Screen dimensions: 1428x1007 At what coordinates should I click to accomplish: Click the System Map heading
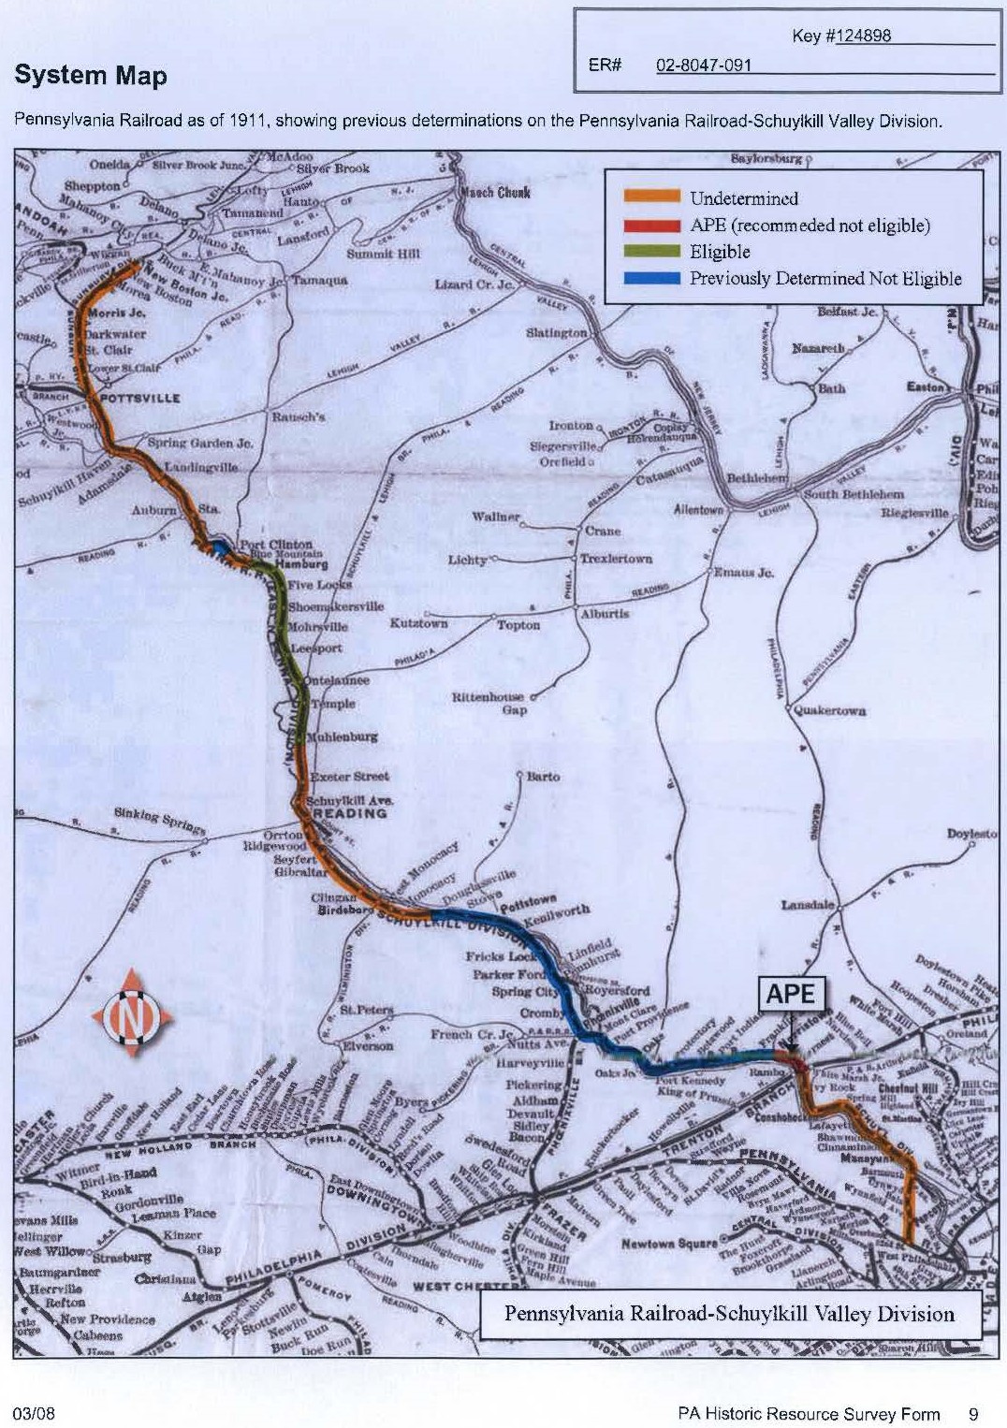(91, 76)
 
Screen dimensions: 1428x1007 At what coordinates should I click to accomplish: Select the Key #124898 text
(841, 36)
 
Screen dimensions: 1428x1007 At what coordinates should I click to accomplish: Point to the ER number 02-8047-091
(704, 66)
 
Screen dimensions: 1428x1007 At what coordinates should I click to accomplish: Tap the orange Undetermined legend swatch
(651, 197)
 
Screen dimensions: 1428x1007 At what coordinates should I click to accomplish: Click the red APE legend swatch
(651, 225)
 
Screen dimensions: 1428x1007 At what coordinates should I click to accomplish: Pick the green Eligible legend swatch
(651, 251)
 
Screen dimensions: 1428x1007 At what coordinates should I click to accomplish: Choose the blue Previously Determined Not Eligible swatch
(651, 278)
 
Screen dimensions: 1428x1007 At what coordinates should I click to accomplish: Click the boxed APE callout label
(790, 994)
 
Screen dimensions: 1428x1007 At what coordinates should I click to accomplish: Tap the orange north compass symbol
(132, 1014)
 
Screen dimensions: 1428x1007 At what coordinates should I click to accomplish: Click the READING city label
(349, 813)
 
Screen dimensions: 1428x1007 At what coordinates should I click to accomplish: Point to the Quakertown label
(829, 710)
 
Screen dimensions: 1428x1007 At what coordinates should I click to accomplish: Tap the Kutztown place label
(418, 622)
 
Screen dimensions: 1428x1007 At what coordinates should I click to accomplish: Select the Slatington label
(556, 332)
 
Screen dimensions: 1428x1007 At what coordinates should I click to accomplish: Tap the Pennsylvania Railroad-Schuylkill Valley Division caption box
(729, 1313)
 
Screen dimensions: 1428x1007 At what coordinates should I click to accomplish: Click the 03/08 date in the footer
(34, 1413)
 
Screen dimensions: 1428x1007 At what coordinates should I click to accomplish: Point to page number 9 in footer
(973, 1414)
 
